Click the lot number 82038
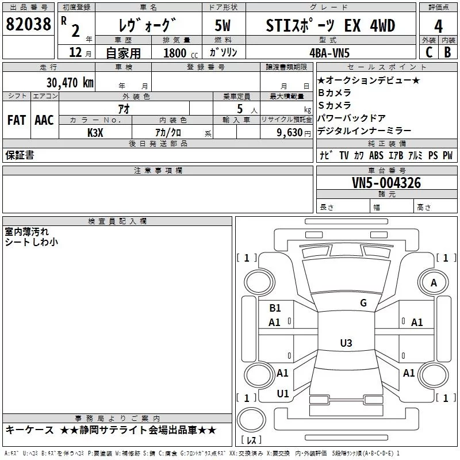(x=28, y=24)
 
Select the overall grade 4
(x=438, y=26)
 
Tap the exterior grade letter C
(x=429, y=52)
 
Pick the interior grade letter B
(x=447, y=52)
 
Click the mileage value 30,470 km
(x=70, y=83)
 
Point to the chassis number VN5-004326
(x=386, y=183)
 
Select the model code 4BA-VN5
(x=329, y=53)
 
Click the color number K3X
(x=95, y=133)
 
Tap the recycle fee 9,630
(x=290, y=133)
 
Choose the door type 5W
(x=223, y=25)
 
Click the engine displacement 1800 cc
(x=181, y=53)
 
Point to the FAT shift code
(x=17, y=120)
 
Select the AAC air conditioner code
(x=44, y=120)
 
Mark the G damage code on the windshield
(x=363, y=303)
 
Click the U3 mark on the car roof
(x=346, y=343)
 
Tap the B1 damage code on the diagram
(x=275, y=308)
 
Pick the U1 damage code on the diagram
(x=283, y=394)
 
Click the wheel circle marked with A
(x=434, y=283)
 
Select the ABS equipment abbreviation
(x=376, y=155)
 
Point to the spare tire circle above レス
(x=251, y=419)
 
